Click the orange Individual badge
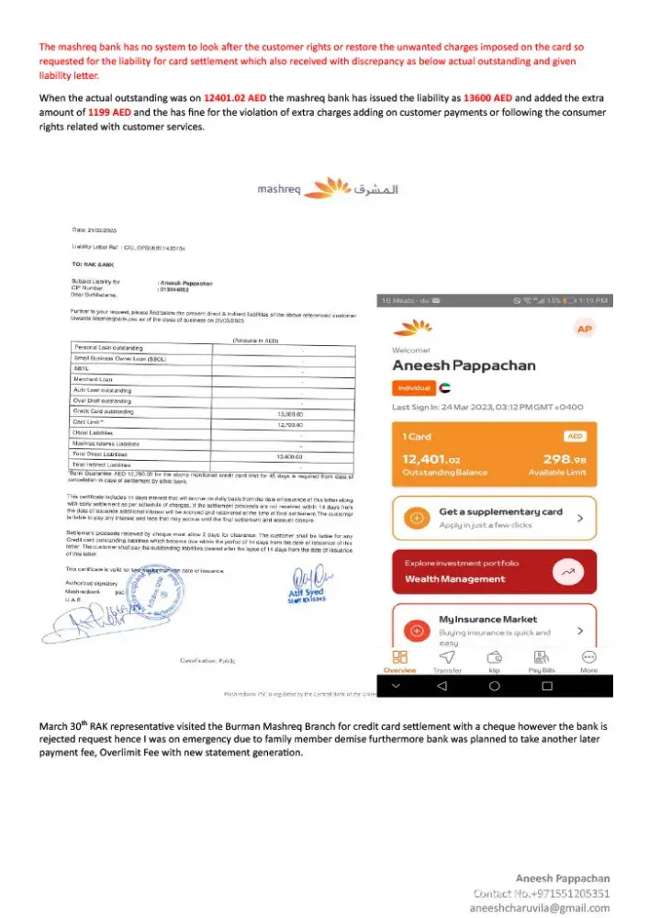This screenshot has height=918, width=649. click(414, 388)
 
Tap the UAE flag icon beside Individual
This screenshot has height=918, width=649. click(446, 388)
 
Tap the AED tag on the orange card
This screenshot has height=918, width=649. click(575, 437)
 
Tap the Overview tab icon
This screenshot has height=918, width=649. click(399, 657)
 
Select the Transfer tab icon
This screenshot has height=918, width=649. click(447, 657)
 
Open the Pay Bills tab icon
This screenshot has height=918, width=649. click(541, 657)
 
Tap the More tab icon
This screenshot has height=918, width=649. click(588, 657)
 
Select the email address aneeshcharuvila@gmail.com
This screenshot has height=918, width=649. click(540, 906)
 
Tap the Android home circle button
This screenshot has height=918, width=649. click(494, 686)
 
